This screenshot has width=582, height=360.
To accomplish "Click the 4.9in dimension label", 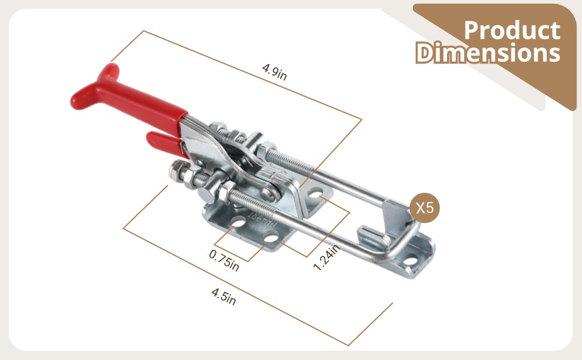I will click(274, 71).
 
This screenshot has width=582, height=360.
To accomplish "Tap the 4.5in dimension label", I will click(223, 296).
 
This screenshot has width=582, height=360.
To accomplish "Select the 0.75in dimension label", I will click(224, 260).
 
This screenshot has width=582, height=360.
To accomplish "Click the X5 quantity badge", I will click(425, 208).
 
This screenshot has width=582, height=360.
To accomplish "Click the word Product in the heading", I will click(512, 30).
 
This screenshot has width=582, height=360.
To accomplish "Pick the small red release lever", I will click(163, 144).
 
